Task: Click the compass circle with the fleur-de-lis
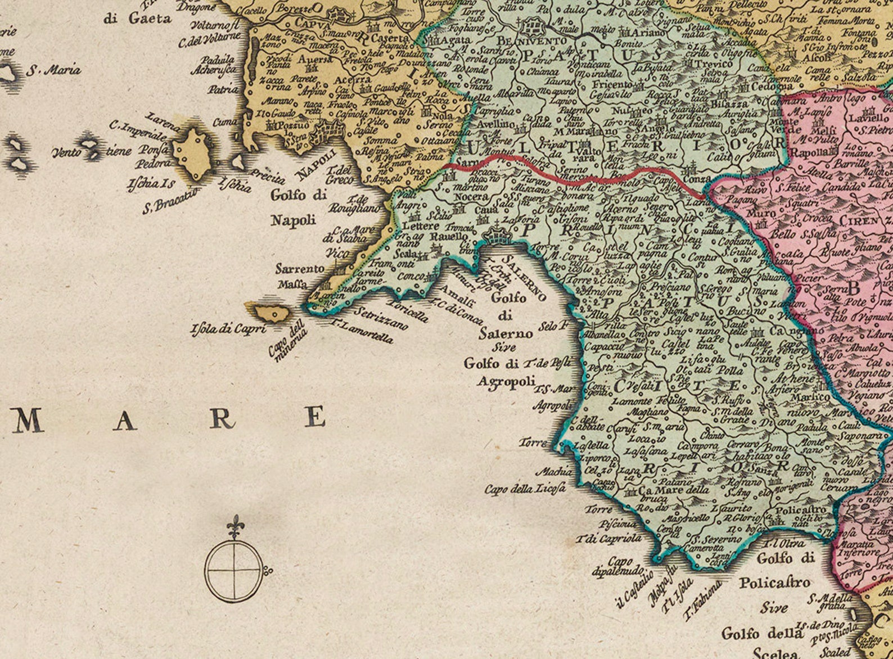click(233, 570)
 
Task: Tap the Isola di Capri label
click(228, 328)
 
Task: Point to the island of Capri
click(269, 312)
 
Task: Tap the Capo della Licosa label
click(525, 489)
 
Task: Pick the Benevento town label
click(532, 42)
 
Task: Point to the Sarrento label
click(300, 269)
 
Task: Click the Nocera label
click(471, 197)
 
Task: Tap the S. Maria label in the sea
click(54, 71)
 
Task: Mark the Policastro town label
click(801, 510)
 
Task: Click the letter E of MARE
click(316, 417)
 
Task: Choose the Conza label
click(697, 178)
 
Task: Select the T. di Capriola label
click(608, 539)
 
